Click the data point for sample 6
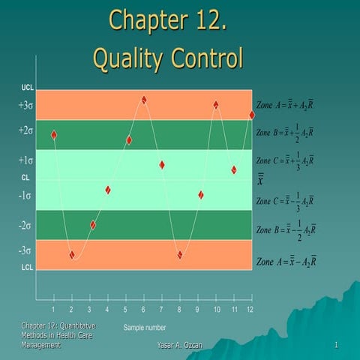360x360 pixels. pos(144,100)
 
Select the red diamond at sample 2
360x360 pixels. pos(72,255)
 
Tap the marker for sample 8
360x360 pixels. pos(180,255)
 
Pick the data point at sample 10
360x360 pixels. pos(216,105)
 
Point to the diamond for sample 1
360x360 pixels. pos(54,135)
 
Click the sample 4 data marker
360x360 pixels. pos(108,190)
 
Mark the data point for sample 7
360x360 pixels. pos(162,165)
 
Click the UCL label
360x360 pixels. pos(27,88)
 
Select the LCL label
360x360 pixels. pos(26,267)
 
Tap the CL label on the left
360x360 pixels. pos(25,178)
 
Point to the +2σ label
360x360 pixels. pos(25,130)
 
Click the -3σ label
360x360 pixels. pos(25,250)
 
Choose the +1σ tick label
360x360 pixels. pos(25,160)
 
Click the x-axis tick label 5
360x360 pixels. pos(125,310)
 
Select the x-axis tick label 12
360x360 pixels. pos(250,310)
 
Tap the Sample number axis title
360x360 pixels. pos(145,328)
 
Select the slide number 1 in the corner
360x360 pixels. pos(338,344)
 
